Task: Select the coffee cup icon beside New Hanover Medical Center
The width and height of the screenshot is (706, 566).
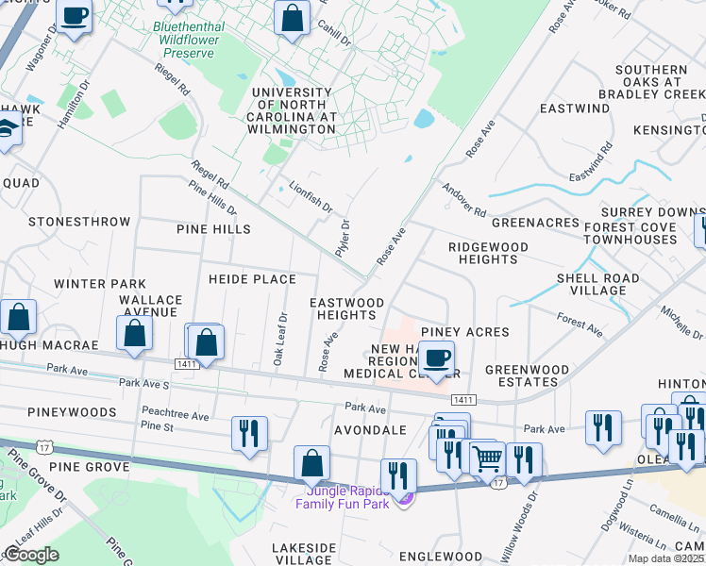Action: (436, 359)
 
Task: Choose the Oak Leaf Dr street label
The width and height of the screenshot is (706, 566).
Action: (279, 340)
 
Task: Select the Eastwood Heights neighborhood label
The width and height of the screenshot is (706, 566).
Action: (346, 308)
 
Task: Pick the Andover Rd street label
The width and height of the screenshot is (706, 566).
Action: (463, 200)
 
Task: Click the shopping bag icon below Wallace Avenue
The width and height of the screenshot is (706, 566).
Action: (134, 333)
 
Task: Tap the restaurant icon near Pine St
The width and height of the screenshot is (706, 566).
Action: (249, 433)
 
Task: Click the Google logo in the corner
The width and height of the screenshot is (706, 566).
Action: (31, 555)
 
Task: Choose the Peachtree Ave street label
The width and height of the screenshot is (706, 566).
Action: (175, 414)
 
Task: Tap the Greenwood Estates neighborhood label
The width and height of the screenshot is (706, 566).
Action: (527, 375)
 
